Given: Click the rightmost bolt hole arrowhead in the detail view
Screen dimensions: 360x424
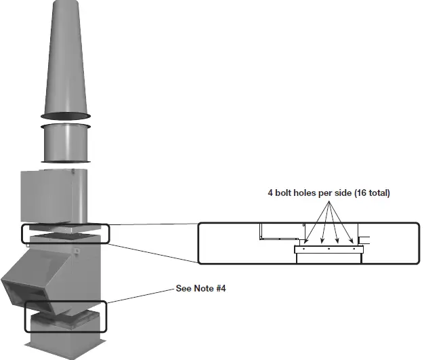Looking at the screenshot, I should click(x=352, y=241).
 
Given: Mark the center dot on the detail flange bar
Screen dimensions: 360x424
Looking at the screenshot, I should click(x=328, y=249).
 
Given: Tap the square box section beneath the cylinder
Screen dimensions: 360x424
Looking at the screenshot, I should click(x=54, y=197).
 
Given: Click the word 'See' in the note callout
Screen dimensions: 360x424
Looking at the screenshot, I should click(x=183, y=287).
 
